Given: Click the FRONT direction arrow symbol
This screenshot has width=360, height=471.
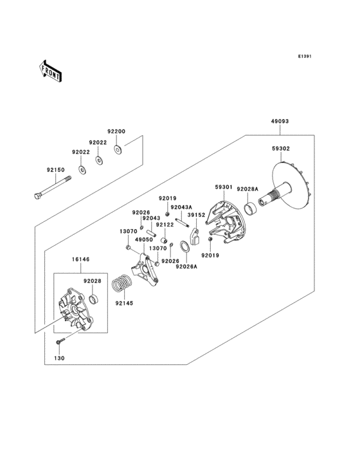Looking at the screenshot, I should (x=50, y=71).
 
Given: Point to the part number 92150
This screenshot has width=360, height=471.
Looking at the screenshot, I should (x=55, y=170).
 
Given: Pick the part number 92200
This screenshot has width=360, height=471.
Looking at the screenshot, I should (x=116, y=131).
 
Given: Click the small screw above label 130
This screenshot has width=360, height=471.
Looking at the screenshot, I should (x=60, y=340).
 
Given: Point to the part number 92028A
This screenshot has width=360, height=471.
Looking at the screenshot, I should (x=247, y=189).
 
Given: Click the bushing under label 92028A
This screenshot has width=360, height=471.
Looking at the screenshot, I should (x=249, y=208).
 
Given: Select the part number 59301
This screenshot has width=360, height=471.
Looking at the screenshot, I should (x=223, y=187).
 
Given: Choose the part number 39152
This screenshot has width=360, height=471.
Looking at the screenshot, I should (x=196, y=215).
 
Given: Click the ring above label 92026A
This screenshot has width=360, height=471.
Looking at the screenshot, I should (x=184, y=246).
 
